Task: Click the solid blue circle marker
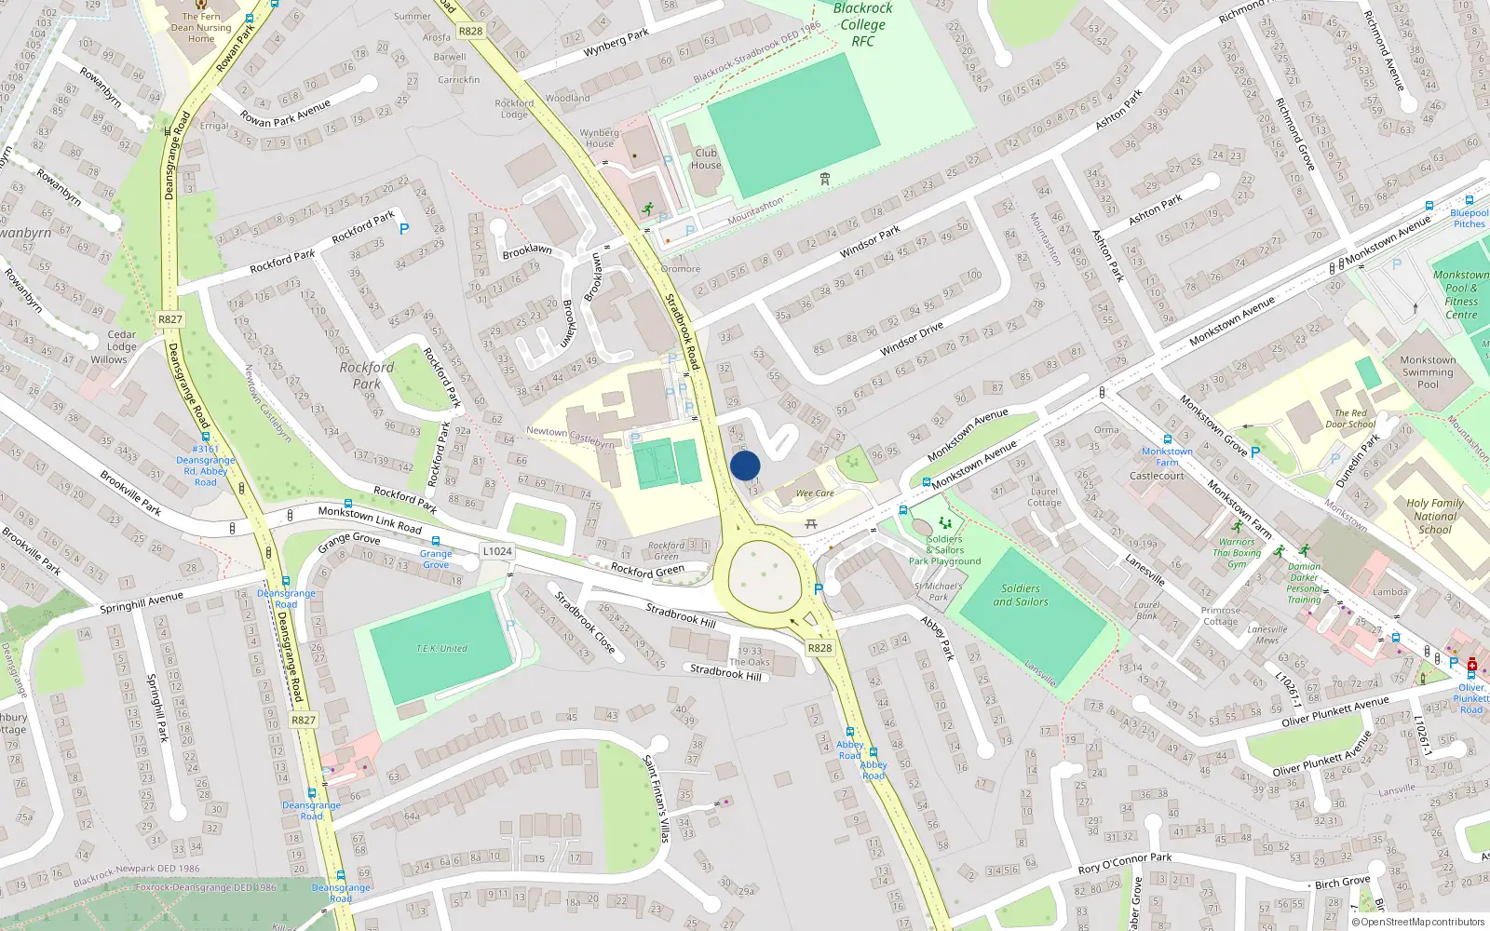[745, 465]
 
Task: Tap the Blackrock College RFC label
[863, 25]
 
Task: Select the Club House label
[706, 159]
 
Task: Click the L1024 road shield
[497, 551]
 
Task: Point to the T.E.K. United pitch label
[441, 649]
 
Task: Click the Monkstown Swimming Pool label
[1428, 372]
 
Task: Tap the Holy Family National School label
[1435, 516]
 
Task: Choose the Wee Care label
[815, 493]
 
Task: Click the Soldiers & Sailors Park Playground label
[944, 550]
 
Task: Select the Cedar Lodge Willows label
[120, 347]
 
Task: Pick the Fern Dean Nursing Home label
[201, 28]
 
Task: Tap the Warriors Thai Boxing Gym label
[1237, 553]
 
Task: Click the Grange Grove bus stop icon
[435, 541]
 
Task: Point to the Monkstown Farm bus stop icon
[1167, 439]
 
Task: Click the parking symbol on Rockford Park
[404, 228]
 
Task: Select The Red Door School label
[1349, 419]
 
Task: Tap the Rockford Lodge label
[514, 109]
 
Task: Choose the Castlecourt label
[1157, 476]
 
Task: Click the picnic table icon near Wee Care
[811, 524]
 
